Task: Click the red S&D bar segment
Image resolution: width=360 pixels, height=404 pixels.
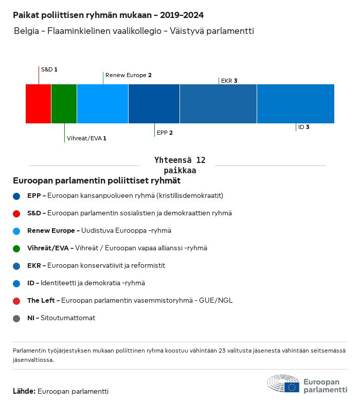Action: (39, 104)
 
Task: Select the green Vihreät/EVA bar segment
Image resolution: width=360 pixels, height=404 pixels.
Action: (64, 104)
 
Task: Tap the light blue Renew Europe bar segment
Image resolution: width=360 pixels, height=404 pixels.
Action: (102, 104)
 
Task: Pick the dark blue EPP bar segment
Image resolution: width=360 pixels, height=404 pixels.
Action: (154, 104)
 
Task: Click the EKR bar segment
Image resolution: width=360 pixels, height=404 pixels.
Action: (218, 104)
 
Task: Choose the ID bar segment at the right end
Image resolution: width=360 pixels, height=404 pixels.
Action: (295, 104)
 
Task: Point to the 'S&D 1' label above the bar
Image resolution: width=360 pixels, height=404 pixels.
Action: (49, 69)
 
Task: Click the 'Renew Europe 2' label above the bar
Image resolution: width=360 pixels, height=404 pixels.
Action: (128, 75)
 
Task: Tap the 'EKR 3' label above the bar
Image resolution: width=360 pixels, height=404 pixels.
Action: (229, 81)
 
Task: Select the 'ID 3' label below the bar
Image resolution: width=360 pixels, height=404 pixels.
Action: (303, 127)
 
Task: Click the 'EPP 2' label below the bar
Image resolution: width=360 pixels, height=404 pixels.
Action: (165, 133)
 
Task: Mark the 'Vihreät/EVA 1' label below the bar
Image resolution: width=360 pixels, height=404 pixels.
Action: (86, 138)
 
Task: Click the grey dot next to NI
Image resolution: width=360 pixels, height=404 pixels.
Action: (17, 318)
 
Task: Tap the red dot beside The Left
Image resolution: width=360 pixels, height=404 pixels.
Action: (17, 301)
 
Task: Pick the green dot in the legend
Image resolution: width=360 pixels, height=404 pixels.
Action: (17, 248)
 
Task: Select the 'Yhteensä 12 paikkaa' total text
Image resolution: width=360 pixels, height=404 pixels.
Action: (180, 165)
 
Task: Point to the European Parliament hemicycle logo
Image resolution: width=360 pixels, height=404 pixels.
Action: (283, 384)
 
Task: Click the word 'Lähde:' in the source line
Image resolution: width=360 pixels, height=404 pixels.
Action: (24, 391)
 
